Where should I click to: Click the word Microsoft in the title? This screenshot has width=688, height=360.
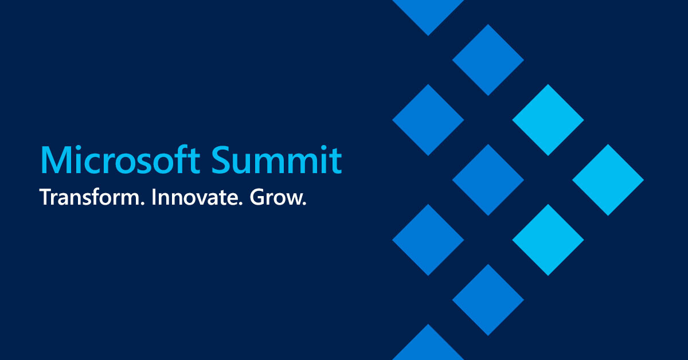click(120, 160)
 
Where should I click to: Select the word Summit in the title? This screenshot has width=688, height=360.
click(277, 160)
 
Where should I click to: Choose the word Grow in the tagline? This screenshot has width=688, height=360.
click(276, 197)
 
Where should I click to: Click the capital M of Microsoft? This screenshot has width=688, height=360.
click(54, 161)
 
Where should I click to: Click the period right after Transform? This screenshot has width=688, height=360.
click(142, 203)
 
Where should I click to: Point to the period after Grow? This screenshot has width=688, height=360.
click(304, 203)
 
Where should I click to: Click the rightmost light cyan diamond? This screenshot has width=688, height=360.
click(608, 179)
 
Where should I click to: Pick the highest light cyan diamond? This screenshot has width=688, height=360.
click(548, 120)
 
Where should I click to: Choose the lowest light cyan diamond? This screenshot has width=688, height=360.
click(548, 240)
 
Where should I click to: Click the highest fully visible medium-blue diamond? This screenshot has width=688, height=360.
click(488, 60)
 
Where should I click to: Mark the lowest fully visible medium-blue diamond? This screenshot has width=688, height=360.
click(488, 300)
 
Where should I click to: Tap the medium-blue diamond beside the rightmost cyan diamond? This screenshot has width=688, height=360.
click(488, 179)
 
